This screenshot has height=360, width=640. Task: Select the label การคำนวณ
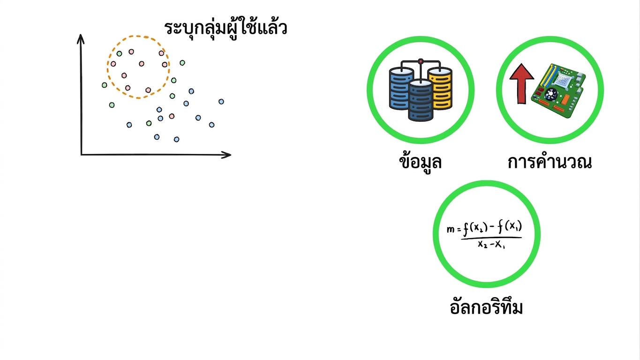[550, 162]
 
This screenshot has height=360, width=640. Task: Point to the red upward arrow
[522, 83]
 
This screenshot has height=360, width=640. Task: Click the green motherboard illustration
[558, 90]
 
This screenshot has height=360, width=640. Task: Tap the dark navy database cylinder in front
[421, 100]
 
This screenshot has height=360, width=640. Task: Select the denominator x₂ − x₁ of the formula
[491, 245]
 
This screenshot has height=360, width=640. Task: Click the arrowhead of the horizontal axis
[226, 155]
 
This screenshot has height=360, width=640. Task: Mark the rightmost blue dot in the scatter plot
[221, 101]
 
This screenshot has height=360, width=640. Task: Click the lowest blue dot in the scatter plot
[177, 139]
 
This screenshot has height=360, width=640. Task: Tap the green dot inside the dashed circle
[120, 53]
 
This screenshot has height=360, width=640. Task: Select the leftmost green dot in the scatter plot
[104, 85]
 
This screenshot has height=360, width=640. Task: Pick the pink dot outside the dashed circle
[172, 116]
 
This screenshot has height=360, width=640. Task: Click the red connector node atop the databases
[421, 61]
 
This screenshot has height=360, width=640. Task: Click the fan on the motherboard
[550, 94]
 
